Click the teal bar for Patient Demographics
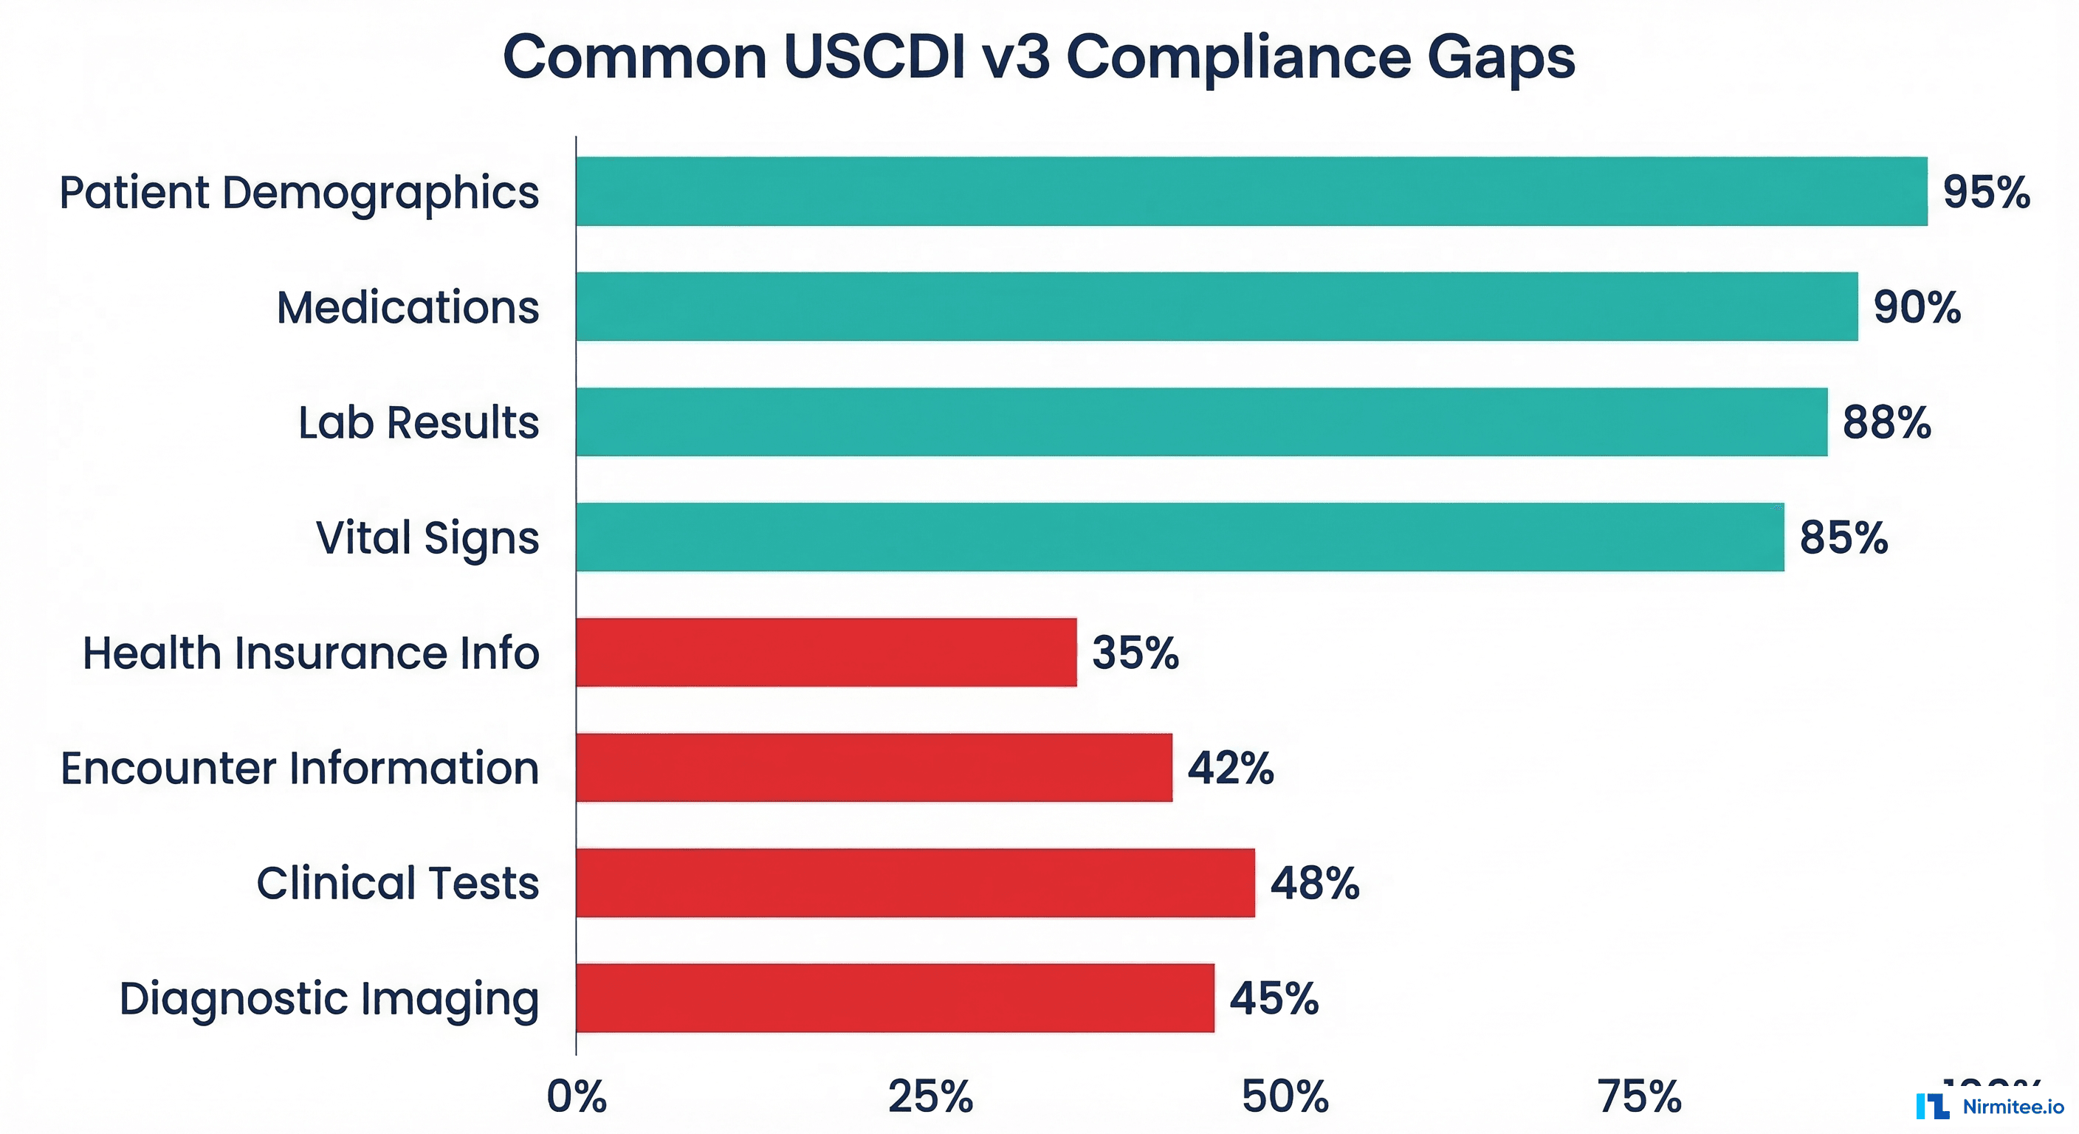(1251, 191)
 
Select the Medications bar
(1216, 306)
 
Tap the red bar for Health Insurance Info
(826, 652)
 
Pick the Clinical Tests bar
(915, 882)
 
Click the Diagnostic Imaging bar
(895, 997)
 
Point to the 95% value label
(1986, 192)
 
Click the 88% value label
(1886, 422)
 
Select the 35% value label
(1135, 652)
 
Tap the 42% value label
(1230, 768)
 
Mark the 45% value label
(1274, 997)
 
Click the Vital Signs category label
(427, 538)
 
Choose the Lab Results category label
(418, 422)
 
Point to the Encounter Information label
(300, 768)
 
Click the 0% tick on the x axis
(577, 1097)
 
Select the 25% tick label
(930, 1097)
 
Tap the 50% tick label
(1285, 1097)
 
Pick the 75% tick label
(1639, 1097)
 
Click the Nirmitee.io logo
(1990, 1106)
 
